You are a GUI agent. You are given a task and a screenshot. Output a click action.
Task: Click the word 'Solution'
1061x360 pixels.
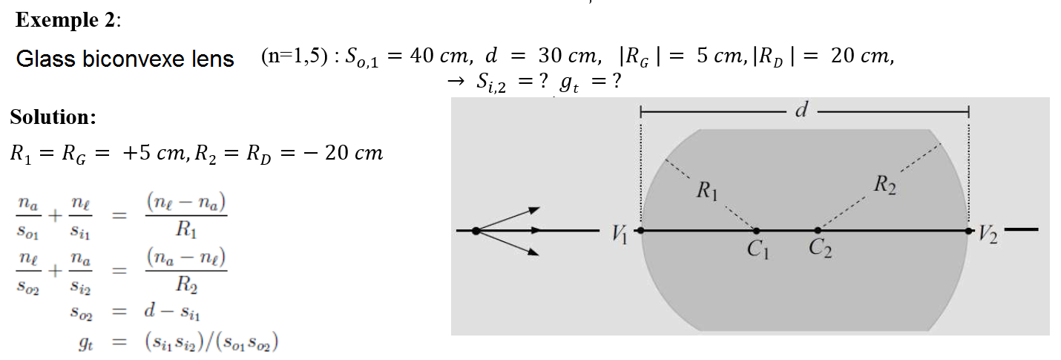pyautogui.click(x=52, y=117)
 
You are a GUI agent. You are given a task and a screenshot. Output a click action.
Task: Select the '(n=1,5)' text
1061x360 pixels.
pyautogui.click(x=294, y=57)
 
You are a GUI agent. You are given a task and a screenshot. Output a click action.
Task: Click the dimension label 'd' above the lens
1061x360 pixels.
pyautogui.click(x=801, y=111)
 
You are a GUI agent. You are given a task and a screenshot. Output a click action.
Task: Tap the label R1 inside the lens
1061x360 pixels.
pyautogui.click(x=707, y=191)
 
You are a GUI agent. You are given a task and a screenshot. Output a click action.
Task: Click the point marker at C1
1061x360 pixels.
pyautogui.click(x=756, y=231)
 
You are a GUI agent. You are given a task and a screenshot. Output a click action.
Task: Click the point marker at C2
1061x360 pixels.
pyautogui.click(x=817, y=231)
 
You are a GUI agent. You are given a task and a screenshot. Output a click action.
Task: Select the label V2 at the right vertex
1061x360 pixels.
pyautogui.click(x=987, y=237)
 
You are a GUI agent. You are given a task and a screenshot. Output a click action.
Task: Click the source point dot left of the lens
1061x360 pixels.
pyautogui.click(x=476, y=231)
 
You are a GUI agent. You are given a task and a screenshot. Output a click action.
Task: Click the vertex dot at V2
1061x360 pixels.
pyautogui.click(x=968, y=231)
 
